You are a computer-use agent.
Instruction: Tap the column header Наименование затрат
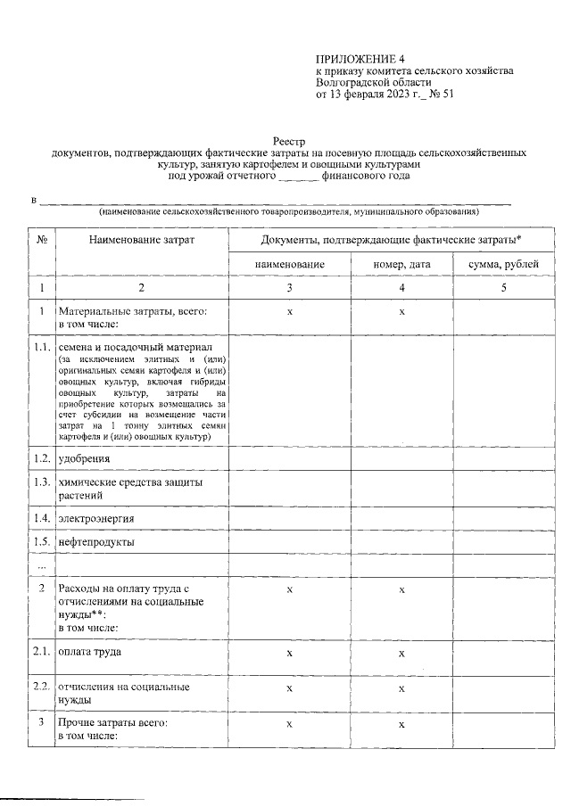[141, 241]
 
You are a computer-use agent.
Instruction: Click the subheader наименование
[289, 265]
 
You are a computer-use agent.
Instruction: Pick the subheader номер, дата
[401, 265]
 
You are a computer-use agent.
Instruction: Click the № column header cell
[41, 241]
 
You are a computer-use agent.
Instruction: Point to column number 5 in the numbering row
[503, 288]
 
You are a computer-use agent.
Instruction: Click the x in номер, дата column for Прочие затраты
[401, 725]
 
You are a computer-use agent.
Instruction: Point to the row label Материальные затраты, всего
[132, 311]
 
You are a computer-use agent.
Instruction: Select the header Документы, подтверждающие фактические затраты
[391, 241]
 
